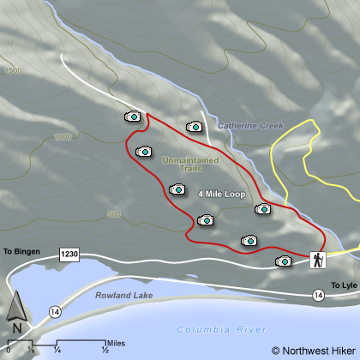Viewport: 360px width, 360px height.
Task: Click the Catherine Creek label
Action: (249, 126)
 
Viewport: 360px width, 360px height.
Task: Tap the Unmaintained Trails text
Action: (189, 164)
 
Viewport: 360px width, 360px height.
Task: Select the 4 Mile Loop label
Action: (221, 195)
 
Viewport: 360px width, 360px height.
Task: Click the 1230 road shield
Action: (69, 255)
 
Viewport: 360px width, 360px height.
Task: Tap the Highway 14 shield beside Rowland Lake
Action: (55, 309)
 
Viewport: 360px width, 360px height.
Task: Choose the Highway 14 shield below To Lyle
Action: (318, 295)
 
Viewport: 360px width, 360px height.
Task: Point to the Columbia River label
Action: (222, 329)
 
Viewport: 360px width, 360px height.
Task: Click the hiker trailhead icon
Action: (317, 260)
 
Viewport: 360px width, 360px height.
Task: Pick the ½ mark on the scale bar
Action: (105, 350)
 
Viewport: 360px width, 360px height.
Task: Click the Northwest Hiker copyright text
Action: (312, 350)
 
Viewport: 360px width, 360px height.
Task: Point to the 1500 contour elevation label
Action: (12, 71)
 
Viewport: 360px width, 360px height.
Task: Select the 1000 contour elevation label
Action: (62, 137)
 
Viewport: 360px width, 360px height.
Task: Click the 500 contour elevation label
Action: (114, 213)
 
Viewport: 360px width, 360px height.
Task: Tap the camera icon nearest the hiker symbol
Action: (283, 261)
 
